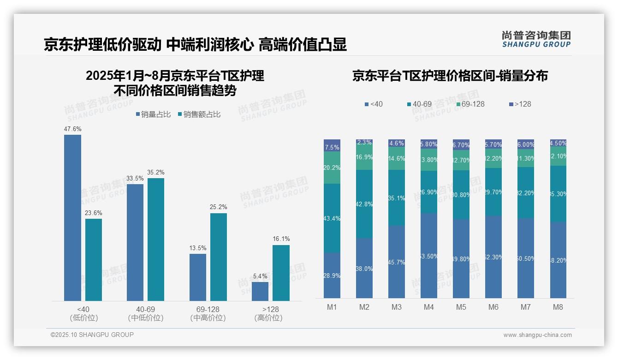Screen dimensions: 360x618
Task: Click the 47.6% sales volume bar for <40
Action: pos(72,218)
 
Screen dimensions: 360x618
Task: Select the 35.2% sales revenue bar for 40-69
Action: pos(156,240)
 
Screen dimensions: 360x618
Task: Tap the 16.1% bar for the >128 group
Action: pos(281,273)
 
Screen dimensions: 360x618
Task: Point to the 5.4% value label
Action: pos(260,276)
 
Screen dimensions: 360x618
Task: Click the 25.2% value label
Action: pos(219,207)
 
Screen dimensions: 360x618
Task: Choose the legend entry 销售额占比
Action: pos(199,114)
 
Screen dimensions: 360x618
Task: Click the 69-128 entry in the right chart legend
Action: pos(470,104)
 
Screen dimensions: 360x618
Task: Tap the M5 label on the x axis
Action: pos(461,307)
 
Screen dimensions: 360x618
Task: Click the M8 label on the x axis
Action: pos(558,307)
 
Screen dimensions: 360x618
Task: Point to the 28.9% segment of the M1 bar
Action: pos(332,275)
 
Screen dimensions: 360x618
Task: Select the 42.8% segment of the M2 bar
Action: pos(364,204)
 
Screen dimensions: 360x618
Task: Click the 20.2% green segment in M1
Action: pos(332,168)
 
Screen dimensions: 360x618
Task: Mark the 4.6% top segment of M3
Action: pos(397,143)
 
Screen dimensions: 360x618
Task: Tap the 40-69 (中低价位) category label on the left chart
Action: pos(145,313)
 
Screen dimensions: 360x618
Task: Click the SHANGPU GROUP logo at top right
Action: pos(536,39)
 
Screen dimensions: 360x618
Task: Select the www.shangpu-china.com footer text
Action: pos(537,335)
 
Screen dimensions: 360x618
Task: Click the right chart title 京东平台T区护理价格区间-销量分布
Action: pos(450,76)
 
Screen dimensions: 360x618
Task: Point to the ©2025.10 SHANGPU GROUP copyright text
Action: pos(92,335)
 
